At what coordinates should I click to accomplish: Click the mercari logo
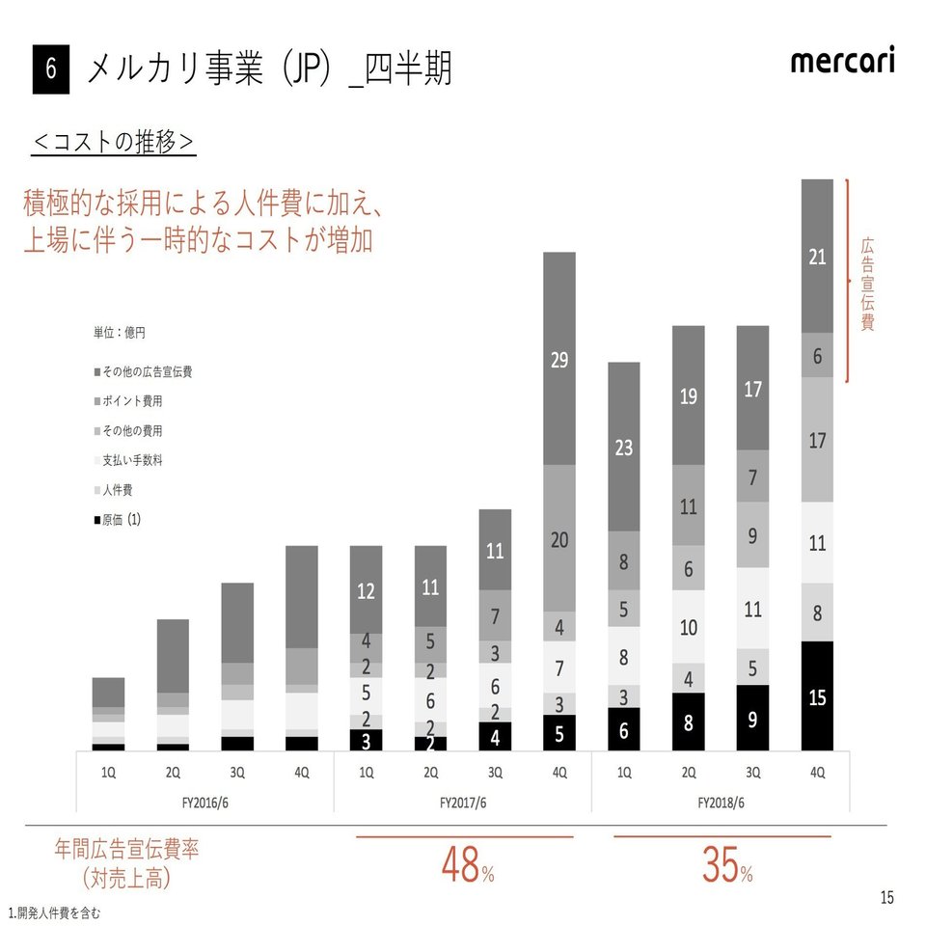pos(841,62)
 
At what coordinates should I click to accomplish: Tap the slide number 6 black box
pos(51,70)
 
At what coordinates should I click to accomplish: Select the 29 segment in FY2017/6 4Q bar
pos(558,359)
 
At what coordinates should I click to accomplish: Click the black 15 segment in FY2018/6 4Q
pos(817,696)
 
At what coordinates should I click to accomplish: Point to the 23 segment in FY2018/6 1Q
pos(623,447)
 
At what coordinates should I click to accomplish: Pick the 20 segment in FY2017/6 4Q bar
pos(558,539)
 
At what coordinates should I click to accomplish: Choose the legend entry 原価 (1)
pos(118,520)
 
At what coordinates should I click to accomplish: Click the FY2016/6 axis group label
pos(204,801)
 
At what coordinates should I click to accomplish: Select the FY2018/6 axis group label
pos(721,801)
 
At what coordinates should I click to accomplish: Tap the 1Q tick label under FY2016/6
pos(108,774)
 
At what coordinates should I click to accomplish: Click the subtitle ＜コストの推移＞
pos(115,142)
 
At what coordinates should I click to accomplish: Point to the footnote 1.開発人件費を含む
pos(54,912)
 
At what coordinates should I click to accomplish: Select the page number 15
pos(886,898)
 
